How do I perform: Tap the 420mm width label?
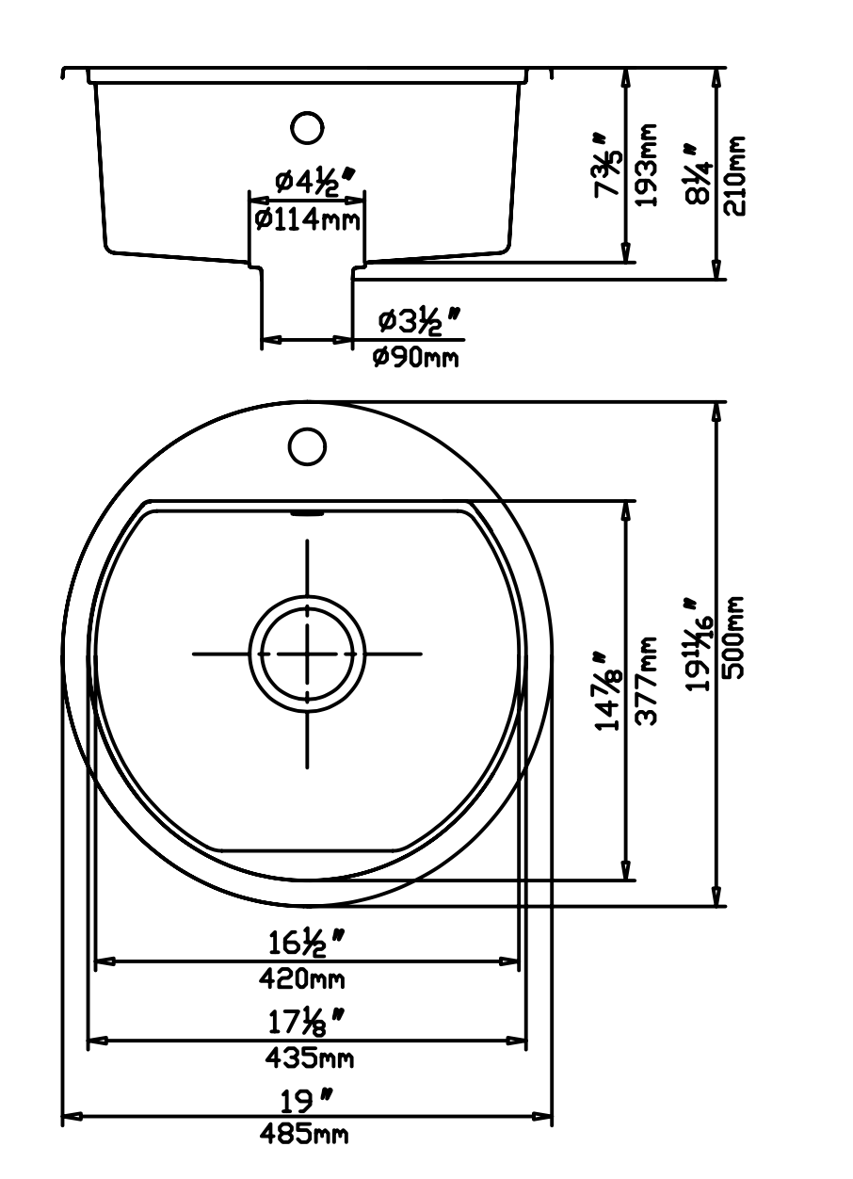pyautogui.click(x=302, y=979)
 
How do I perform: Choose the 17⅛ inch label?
pyautogui.click(x=303, y=1020)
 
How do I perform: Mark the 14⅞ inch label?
pyautogui.click(x=610, y=692)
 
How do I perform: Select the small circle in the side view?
pyautogui.click(x=307, y=127)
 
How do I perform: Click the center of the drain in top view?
pyautogui.click(x=307, y=653)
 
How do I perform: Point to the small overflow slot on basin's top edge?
pyautogui.click(x=307, y=514)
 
